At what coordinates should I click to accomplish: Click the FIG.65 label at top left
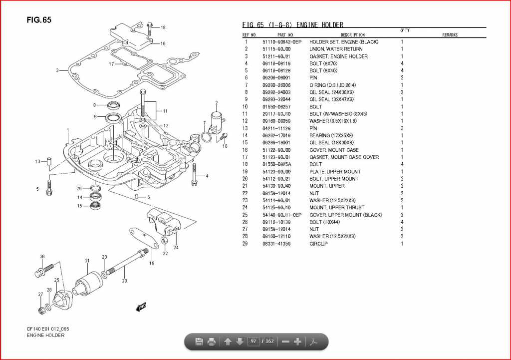39,20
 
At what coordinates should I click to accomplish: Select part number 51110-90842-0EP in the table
282,42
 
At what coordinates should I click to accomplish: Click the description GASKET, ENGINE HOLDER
338,56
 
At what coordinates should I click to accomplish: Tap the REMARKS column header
450,35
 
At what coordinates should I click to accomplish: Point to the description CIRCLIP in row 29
318,244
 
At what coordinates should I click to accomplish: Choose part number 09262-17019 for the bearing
276,135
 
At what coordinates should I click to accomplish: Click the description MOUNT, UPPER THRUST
337,207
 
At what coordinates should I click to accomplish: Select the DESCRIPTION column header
353,35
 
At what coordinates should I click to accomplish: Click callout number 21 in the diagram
87,261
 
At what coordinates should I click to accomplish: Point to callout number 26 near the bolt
42,257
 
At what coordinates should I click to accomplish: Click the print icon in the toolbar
211,342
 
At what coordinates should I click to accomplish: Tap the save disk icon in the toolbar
199,342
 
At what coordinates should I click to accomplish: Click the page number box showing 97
254,342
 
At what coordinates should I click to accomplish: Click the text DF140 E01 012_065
48,329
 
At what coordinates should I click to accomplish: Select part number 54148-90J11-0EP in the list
282,215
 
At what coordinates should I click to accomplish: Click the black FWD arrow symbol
141,306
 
